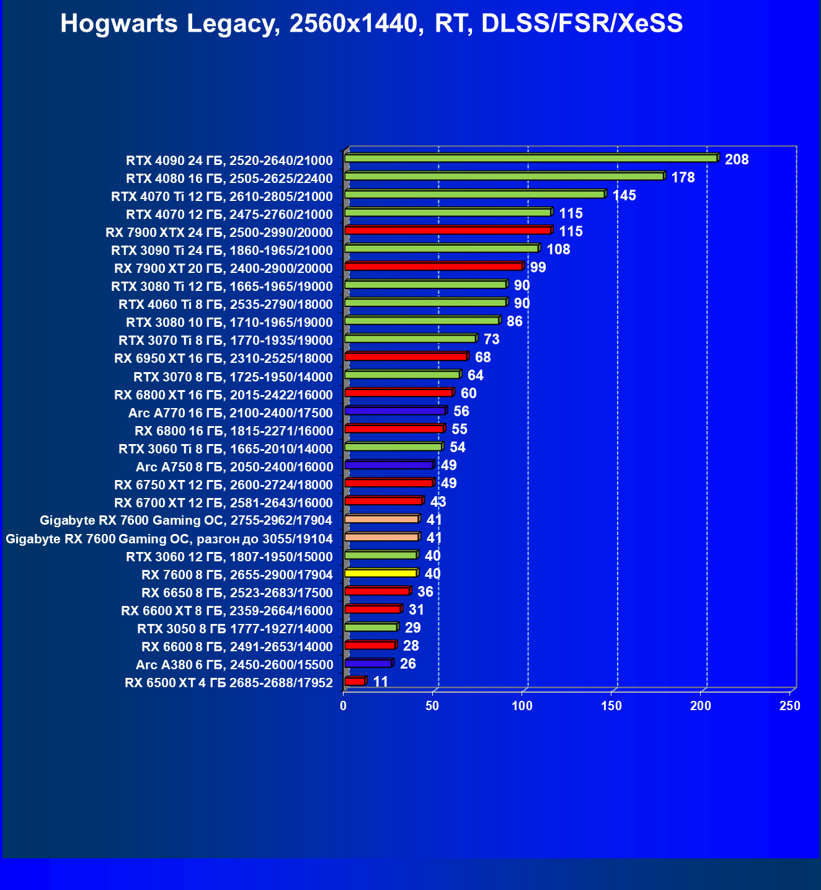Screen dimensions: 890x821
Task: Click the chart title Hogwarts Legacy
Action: [x=371, y=24]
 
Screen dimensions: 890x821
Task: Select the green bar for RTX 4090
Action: [x=530, y=158]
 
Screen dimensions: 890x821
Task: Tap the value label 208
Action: [x=737, y=159]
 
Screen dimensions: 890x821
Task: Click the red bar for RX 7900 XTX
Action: [x=448, y=230]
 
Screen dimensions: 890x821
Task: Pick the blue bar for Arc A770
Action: [x=394, y=411]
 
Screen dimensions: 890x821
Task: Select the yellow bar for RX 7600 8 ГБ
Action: [x=380, y=572]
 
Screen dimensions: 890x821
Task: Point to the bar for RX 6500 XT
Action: [x=355, y=681]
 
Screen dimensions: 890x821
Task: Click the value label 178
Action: [x=683, y=177]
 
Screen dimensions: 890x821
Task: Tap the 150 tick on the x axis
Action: [x=611, y=706]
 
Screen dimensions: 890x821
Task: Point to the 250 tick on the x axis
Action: [x=790, y=706]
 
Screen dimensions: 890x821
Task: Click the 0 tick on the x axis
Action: [x=344, y=706]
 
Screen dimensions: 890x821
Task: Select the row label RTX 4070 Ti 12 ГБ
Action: [x=221, y=197]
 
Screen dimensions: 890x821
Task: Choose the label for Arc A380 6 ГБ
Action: [x=234, y=665]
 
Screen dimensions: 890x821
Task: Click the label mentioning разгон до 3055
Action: [x=169, y=539]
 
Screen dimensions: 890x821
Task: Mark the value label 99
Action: [x=538, y=267]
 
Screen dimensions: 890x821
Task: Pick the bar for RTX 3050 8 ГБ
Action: [x=370, y=627]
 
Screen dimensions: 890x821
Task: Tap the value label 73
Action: [x=491, y=339]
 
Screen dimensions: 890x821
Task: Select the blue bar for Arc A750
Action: [x=388, y=465]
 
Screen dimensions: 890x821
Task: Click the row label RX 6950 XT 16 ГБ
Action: [x=223, y=358]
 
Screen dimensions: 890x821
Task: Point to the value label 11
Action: [x=380, y=682]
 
